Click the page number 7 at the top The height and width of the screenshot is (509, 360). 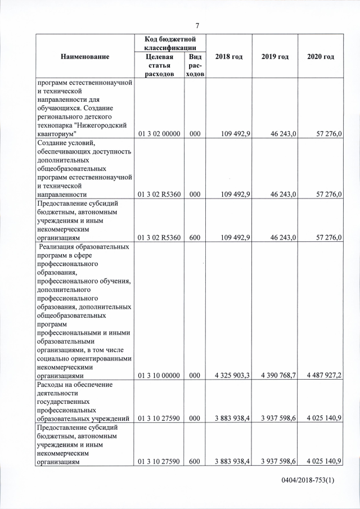click(197, 25)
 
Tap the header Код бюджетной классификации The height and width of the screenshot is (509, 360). click(170, 43)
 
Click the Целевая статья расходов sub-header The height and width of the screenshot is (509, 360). click(160, 66)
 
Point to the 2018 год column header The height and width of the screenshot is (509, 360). click(229, 57)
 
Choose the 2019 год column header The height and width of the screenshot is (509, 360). click(275, 57)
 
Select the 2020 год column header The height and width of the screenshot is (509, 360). click(321, 57)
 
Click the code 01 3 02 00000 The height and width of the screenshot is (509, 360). click(160, 135)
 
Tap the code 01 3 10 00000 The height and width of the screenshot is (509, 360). click(160, 375)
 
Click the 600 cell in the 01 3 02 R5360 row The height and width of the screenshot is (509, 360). click(195, 237)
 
